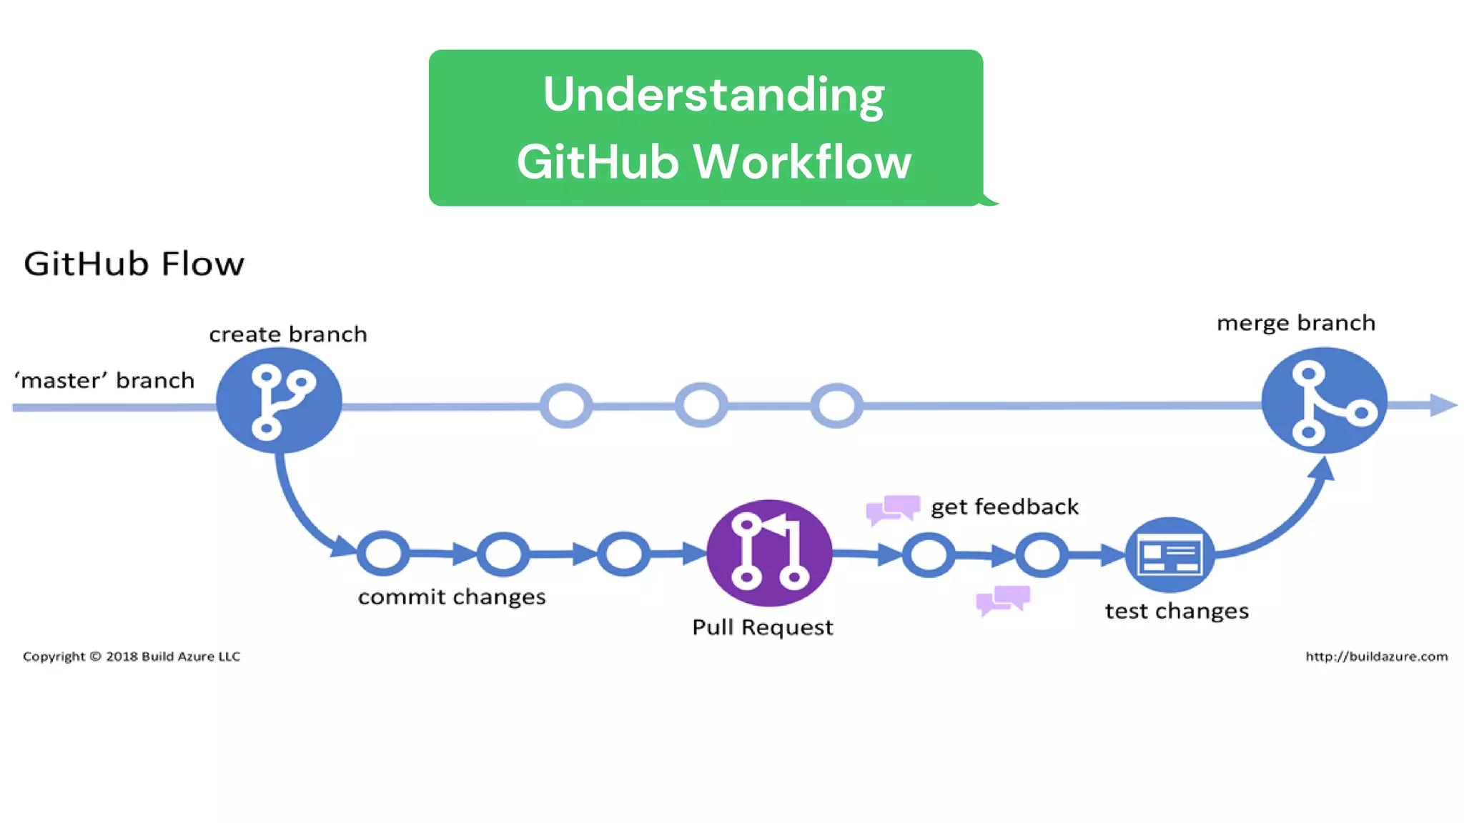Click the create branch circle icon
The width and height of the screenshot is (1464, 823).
coord(279,400)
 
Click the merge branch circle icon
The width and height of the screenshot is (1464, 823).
coord(1324,400)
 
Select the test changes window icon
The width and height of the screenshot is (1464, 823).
coord(1169,555)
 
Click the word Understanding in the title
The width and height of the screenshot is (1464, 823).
coord(713,94)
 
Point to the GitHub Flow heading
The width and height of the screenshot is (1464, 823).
coord(134,264)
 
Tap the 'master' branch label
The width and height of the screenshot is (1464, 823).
coord(104,380)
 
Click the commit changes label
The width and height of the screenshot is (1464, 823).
coord(452,597)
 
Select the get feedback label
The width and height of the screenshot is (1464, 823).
coord(1004,507)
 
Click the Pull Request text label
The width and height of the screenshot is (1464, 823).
coord(762,627)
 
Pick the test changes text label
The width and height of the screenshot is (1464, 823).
coord(1177,612)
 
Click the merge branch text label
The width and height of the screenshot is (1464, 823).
coord(1295,323)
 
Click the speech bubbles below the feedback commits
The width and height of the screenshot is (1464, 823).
coord(1003,599)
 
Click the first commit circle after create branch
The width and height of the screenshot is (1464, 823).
coord(383,553)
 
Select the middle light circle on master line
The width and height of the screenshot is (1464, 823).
coord(701,405)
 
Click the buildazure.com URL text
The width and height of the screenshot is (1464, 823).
coord(1376,657)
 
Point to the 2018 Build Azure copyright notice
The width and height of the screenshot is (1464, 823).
coord(132,657)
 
